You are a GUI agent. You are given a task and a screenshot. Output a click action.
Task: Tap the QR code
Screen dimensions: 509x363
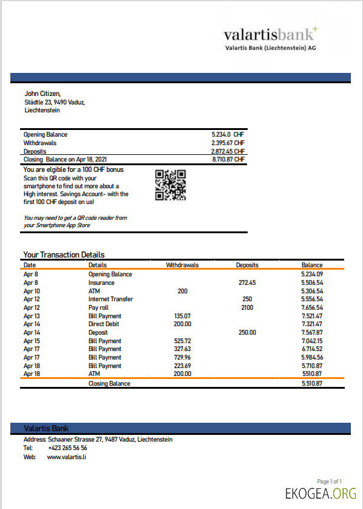171,185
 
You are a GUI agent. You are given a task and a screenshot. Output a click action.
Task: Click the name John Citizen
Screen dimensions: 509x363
42,94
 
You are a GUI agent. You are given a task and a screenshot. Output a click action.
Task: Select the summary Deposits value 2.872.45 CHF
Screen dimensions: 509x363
228,151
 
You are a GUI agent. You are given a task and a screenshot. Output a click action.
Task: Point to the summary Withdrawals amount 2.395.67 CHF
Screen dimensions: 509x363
228,143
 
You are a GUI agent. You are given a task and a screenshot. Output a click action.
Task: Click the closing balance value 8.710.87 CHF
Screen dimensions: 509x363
228,159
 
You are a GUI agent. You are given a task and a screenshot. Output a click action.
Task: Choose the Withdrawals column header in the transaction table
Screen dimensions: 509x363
182,265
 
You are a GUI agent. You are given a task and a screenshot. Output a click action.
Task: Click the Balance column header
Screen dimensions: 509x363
312,265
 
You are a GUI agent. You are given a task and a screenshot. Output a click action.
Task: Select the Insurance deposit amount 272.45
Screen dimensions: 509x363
248,282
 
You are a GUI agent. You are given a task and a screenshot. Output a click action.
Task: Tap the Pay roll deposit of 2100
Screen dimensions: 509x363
247,307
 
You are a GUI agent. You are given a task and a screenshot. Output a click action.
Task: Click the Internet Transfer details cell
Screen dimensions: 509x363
110,299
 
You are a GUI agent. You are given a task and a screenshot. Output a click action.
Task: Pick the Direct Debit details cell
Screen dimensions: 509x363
107,324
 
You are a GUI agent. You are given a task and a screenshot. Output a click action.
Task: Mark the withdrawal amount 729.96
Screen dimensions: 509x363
182,357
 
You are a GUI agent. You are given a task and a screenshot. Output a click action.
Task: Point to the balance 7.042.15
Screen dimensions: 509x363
311,341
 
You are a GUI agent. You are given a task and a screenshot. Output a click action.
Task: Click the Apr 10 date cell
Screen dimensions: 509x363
31,291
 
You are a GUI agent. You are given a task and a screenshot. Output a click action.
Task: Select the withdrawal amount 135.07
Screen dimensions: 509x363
182,316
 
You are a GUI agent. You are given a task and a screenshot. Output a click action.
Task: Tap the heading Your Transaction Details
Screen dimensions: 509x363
64,254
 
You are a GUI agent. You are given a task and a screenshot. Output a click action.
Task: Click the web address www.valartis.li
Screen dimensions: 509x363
66,456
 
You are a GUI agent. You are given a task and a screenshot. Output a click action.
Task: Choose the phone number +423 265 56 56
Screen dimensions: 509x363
67,448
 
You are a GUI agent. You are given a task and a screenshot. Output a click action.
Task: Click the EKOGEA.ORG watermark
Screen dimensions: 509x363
321,493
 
